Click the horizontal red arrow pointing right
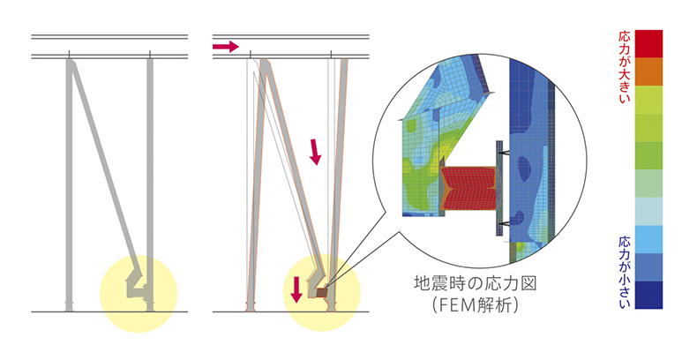pos(226,46)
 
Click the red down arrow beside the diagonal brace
pos(315,152)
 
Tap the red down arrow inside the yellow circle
pos(296,289)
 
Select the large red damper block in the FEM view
pos(468,189)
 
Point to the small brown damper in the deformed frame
pos(321,292)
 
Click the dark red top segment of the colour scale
pos(648,43)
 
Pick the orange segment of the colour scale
pos(648,71)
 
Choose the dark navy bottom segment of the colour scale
pos(648,295)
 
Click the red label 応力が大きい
pos(625,67)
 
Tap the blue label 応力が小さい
pos(625,272)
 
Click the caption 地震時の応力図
pos(476,283)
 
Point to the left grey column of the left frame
pos(70,184)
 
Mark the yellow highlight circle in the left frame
pos(139,294)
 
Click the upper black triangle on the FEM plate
pos(505,154)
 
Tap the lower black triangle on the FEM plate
pos(505,223)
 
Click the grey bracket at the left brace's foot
pos(137,286)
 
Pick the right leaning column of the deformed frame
pos(338,184)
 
